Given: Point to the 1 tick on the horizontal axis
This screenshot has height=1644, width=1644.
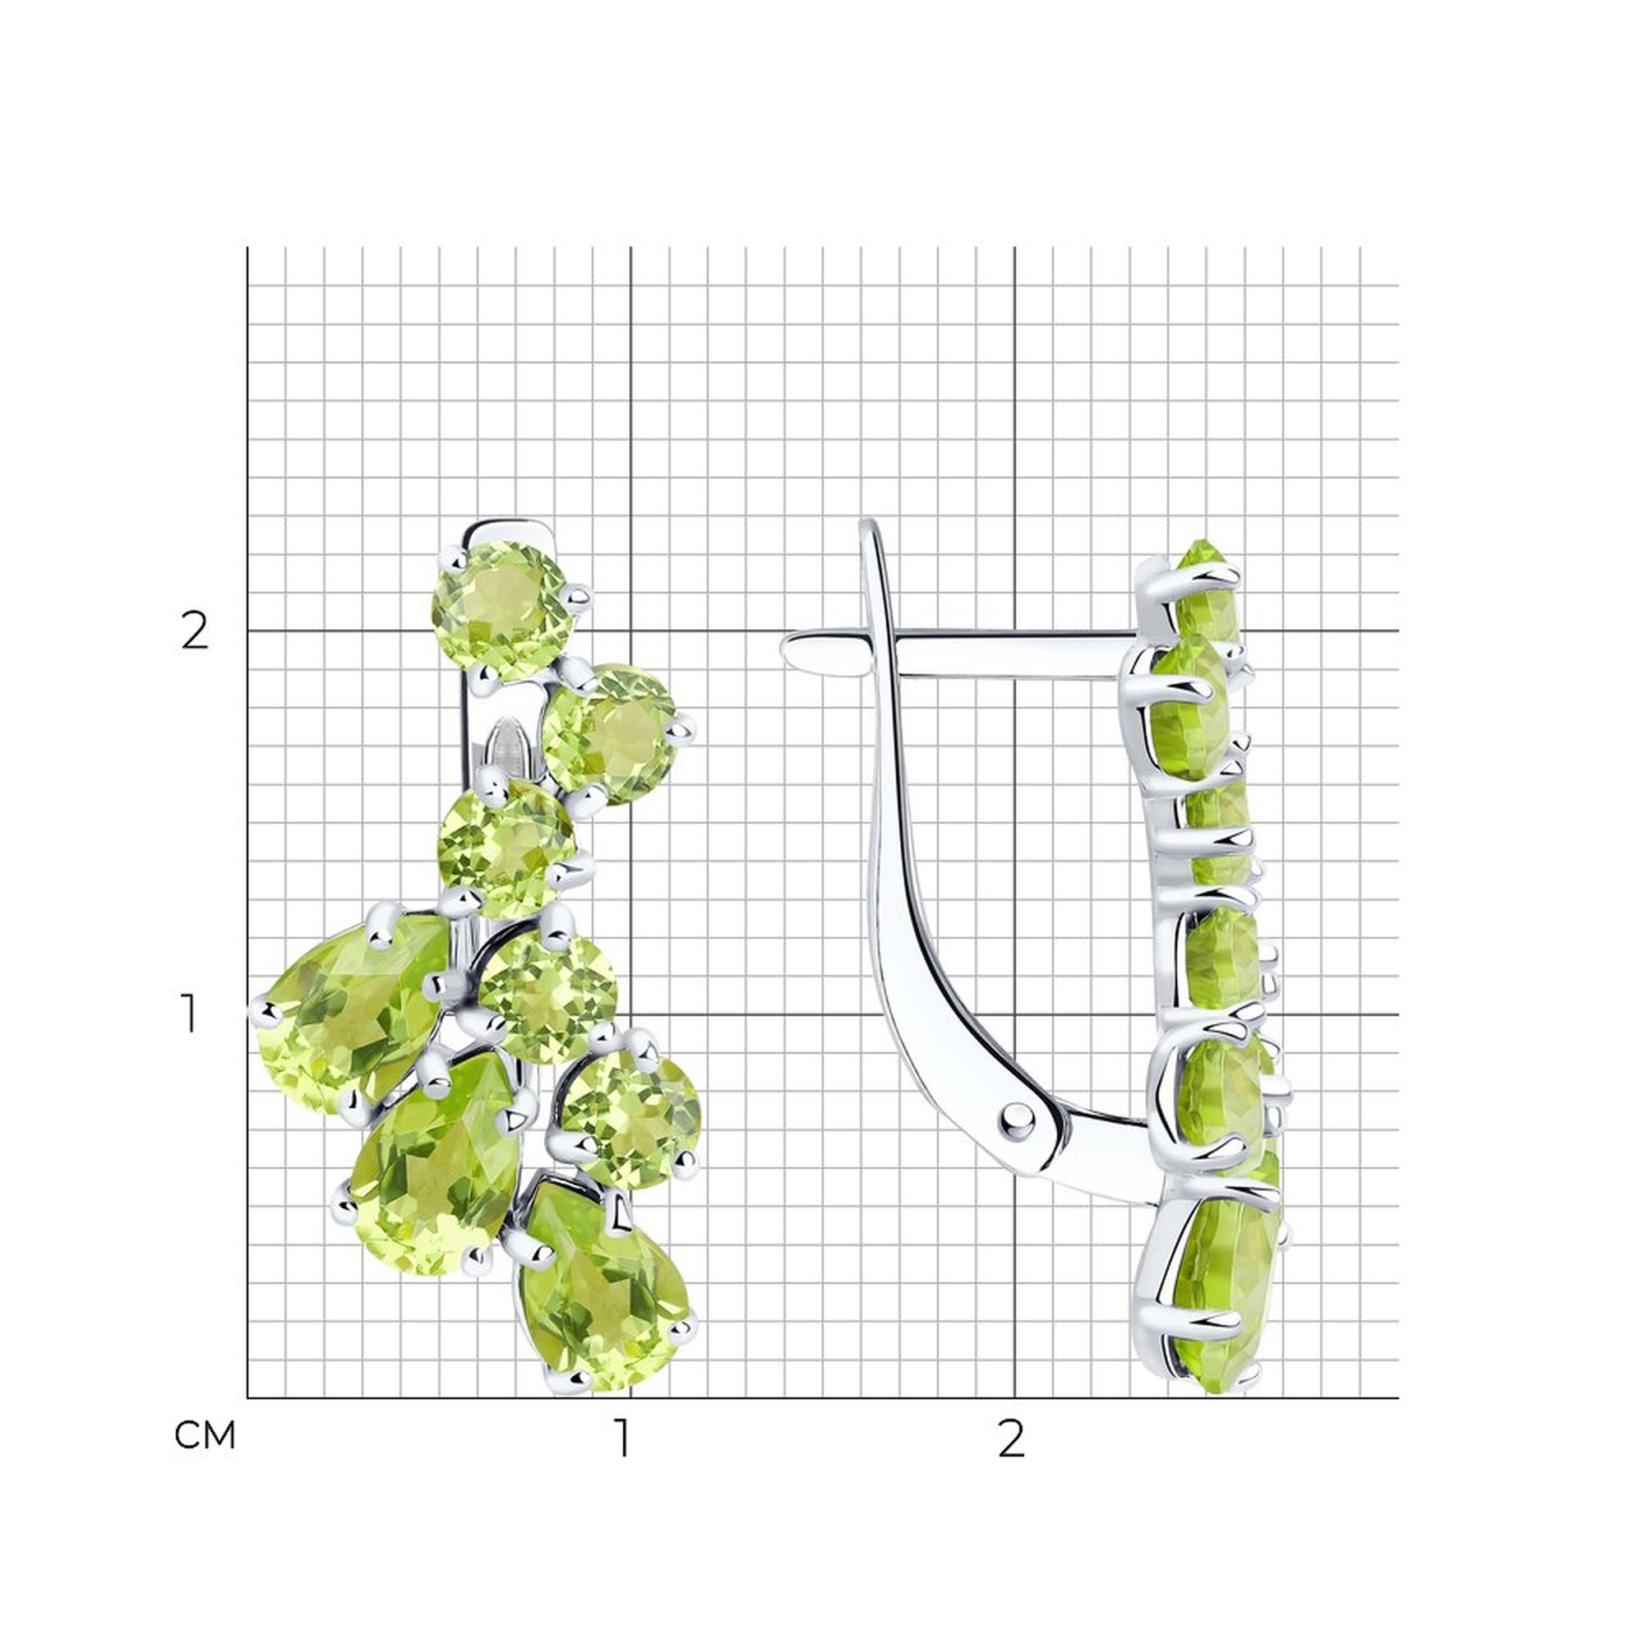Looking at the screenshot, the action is [x=624, y=1438].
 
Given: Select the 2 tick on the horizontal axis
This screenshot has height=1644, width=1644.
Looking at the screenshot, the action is [x=1011, y=1438].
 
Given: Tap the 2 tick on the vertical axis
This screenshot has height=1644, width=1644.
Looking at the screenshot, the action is [x=195, y=631].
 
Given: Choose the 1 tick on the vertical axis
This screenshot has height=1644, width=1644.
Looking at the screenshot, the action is [x=190, y=1014].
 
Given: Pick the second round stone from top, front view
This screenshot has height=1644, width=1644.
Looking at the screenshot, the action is [x=610, y=733].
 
